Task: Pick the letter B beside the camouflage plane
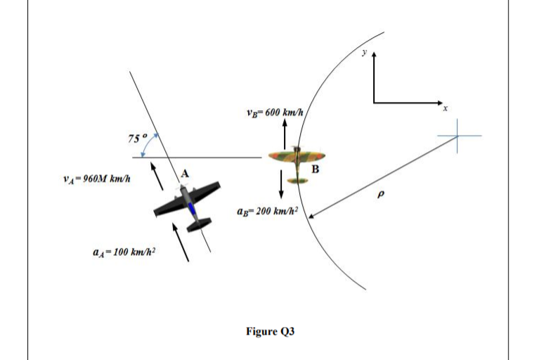pos(316,169)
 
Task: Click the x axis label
pos(445,109)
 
